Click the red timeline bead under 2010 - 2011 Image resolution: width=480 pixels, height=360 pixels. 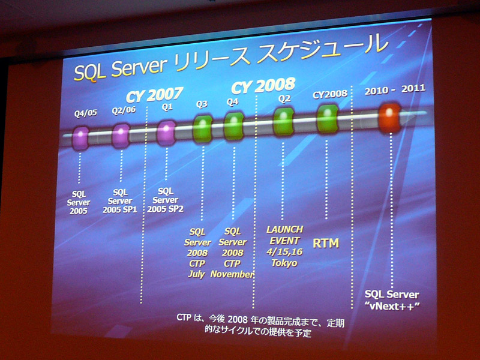(389, 118)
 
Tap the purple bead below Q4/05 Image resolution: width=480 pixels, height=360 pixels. (80, 139)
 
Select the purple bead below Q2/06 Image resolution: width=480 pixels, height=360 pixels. (121, 136)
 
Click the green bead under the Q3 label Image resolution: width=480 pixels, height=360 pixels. (202, 129)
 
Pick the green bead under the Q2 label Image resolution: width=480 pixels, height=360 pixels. (283, 122)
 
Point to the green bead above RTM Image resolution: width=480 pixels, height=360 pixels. (327, 119)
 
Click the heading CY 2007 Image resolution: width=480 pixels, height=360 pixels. (154, 95)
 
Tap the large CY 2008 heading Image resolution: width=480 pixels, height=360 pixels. (263, 85)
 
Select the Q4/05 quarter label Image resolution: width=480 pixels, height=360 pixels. (85, 113)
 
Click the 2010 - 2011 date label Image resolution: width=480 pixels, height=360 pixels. (395, 89)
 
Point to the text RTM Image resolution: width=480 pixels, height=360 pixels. (326, 244)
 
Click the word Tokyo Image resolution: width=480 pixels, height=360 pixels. (284, 263)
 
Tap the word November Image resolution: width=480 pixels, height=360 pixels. (232, 274)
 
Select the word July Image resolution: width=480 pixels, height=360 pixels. (197, 274)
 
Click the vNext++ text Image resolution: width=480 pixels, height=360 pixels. (392, 306)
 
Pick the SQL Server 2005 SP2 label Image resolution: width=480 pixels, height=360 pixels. (166, 200)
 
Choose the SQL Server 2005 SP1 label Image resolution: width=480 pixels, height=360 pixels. (119, 201)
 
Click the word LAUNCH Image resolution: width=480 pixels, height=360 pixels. (284, 229)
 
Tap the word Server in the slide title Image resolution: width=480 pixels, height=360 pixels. (139, 67)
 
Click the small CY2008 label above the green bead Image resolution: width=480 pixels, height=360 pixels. (330, 95)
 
